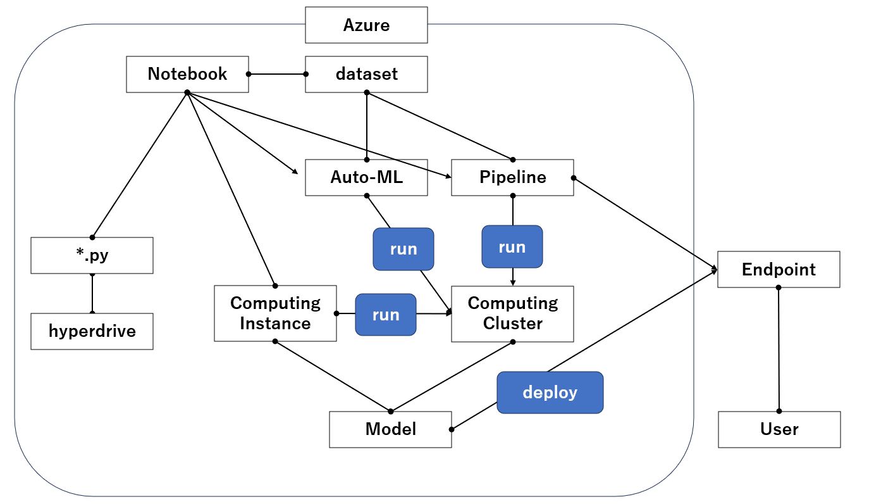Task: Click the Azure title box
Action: pos(366,25)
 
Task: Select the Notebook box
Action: pos(187,74)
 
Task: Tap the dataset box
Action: pos(366,74)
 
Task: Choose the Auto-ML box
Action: pos(366,177)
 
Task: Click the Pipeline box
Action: pos(512,177)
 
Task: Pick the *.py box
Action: pos(92,255)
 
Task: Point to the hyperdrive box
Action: pos(92,331)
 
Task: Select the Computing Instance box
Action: pos(275,313)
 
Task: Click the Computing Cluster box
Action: pos(512,313)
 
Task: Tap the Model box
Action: pos(390,429)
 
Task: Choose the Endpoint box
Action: pos(779,269)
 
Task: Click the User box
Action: pos(779,429)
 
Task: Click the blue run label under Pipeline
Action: pos(512,246)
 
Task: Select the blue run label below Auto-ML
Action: pos(404,249)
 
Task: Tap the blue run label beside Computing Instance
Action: pos(386,315)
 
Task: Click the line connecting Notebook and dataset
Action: pos(277,74)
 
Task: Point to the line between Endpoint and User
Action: pos(779,348)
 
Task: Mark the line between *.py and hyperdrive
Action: pos(92,294)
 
